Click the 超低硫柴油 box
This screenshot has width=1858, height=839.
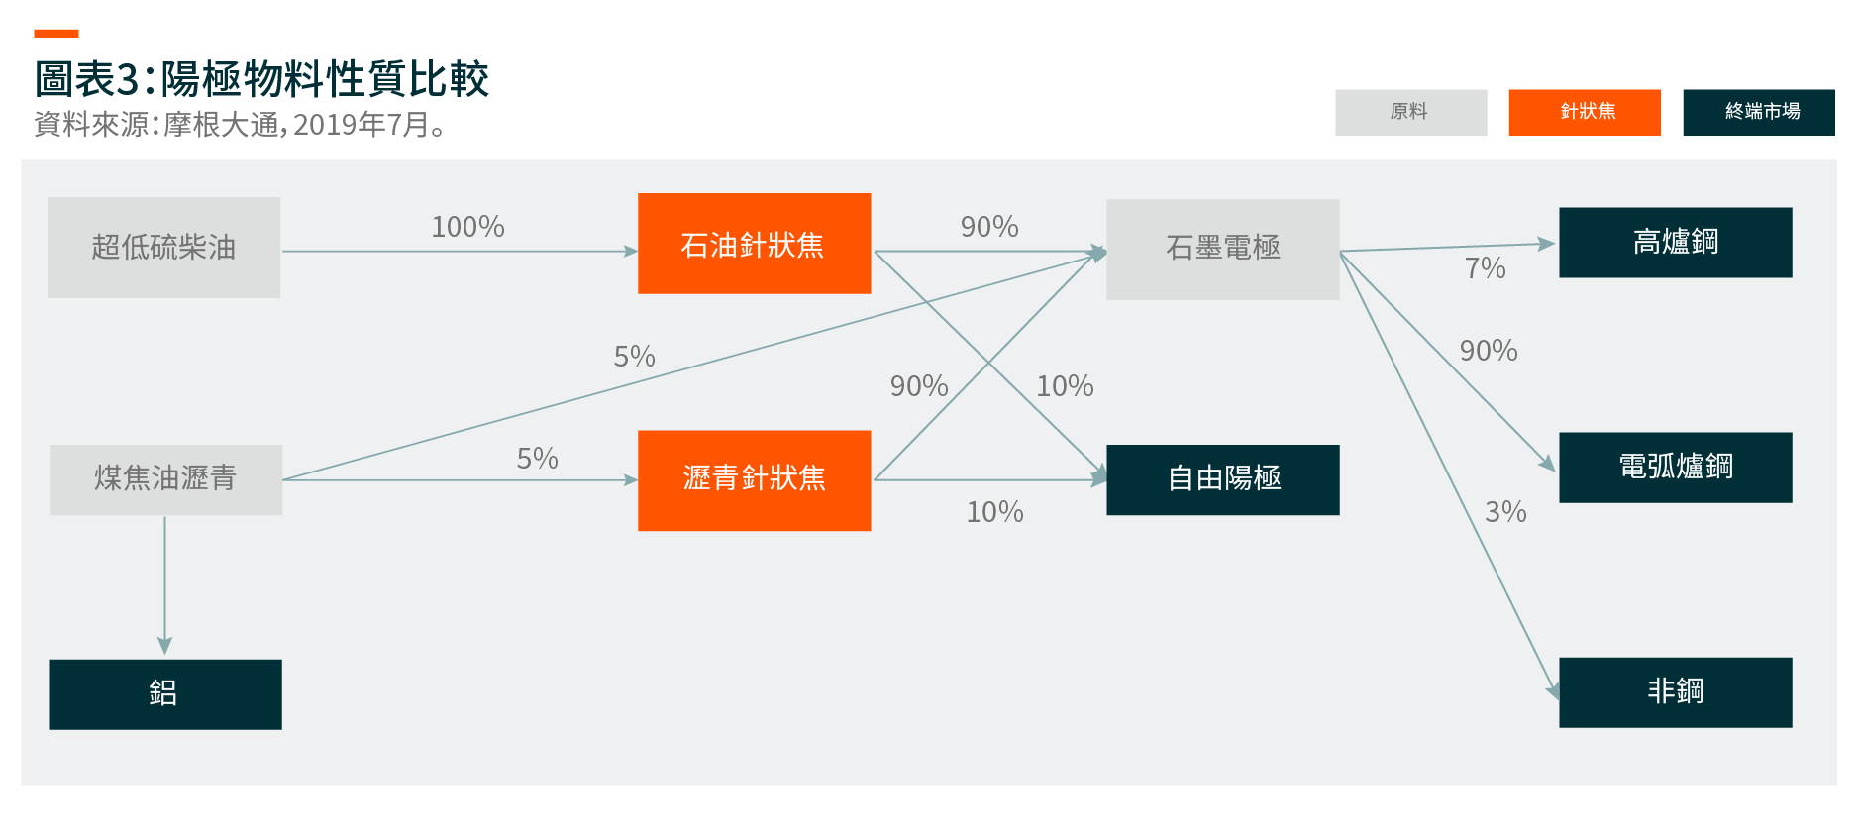point(164,248)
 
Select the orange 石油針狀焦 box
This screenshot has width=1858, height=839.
point(755,244)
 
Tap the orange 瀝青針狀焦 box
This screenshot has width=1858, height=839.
point(755,480)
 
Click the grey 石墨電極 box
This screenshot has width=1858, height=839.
point(1223,250)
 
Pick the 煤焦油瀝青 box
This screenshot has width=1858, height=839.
point(166,479)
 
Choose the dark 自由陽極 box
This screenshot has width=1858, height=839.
point(1223,479)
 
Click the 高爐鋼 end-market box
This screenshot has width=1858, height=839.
point(1676,243)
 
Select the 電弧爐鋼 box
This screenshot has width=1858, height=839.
point(1676,468)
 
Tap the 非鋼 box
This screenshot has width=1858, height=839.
point(1676,692)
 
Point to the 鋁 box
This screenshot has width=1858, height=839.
point(165,694)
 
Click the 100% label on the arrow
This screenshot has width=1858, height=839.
point(468,227)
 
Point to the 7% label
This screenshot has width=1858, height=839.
point(1486,267)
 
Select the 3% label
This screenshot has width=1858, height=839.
point(1505,511)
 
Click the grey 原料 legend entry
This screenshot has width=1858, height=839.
point(1411,112)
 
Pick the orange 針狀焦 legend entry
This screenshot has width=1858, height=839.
point(1585,112)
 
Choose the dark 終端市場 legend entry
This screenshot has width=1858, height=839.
point(1759,112)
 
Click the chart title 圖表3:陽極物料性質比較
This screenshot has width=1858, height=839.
point(262,79)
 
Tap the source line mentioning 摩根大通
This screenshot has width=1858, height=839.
point(241,125)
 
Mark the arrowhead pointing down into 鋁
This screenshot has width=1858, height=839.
point(164,646)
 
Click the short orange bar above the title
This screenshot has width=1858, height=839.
point(56,34)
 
